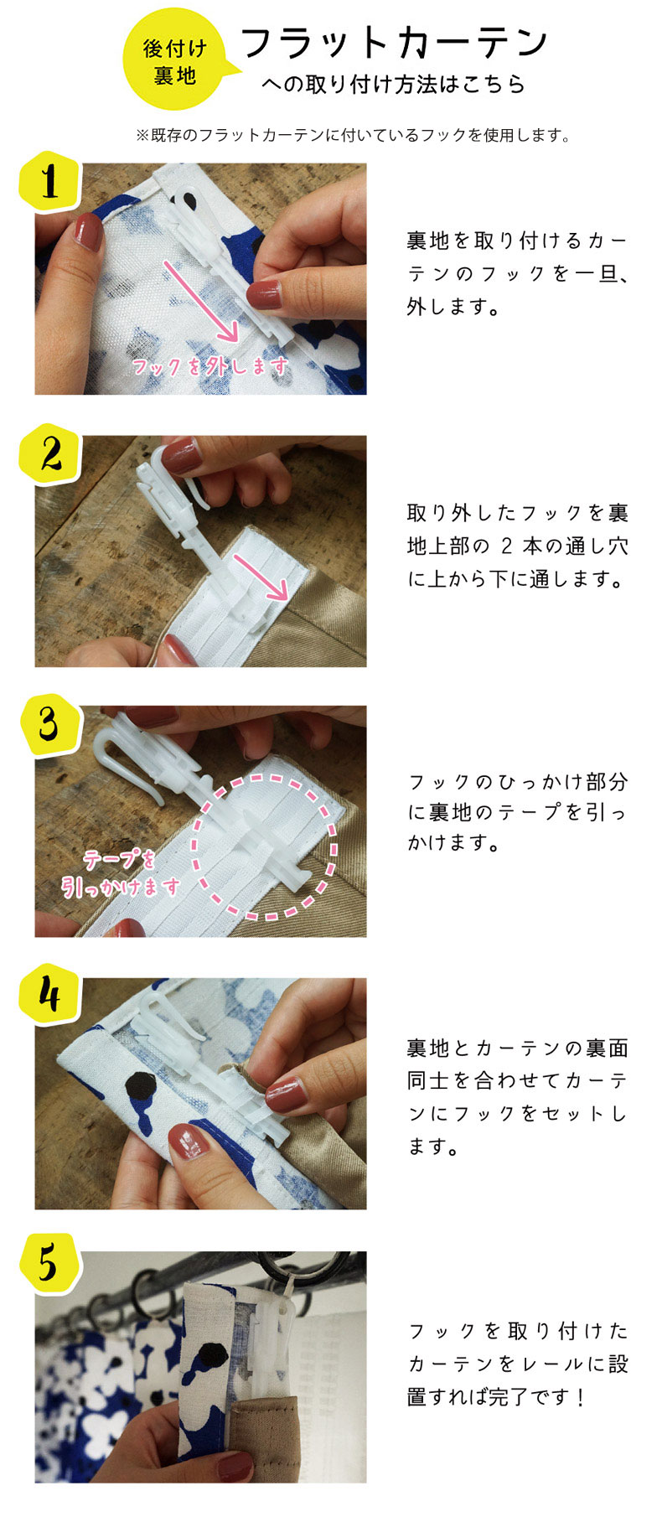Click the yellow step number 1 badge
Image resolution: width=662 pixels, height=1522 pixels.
click(49, 182)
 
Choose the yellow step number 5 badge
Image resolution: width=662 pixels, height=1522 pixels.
click(49, 1264)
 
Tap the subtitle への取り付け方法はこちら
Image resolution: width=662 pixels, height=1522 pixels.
click(393, 85)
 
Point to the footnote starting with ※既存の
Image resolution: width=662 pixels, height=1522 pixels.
click(353, 135)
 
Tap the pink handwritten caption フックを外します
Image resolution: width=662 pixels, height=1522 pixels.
click(209, 366)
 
